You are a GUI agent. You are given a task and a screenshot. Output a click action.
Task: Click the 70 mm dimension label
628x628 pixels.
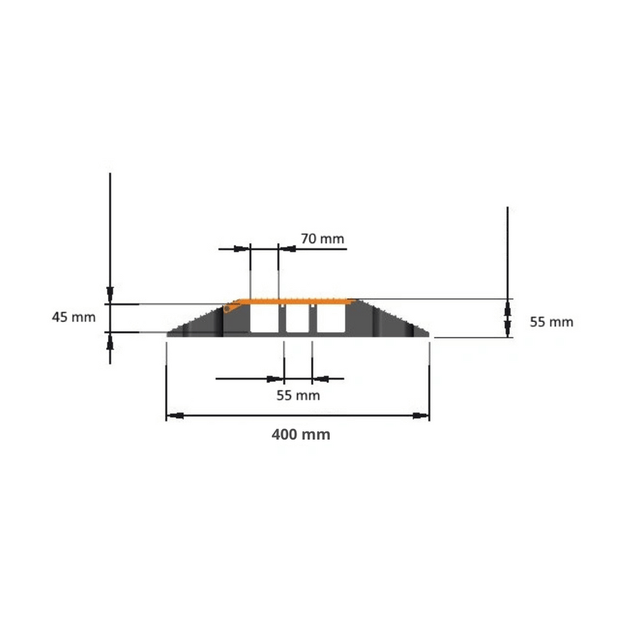click(x=322, y=239)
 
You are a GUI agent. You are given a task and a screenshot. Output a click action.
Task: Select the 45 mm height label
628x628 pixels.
click(x=74, y=317)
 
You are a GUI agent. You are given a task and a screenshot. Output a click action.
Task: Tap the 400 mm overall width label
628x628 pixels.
click(x=301, y=435)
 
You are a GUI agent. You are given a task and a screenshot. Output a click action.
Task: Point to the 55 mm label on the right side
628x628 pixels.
click(x=551, y=322)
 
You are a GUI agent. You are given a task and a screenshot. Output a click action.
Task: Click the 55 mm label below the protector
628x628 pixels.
click(x=299, y=396)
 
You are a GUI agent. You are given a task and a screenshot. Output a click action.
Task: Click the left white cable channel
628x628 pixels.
click(x=264, y=317)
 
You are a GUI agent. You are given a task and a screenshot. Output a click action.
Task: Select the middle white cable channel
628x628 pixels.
click(x=297, y=319)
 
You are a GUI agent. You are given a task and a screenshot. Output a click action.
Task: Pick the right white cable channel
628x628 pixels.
click(x=331, y=318)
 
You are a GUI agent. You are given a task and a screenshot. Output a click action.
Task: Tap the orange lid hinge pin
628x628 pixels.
click(x=227, y=309)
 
